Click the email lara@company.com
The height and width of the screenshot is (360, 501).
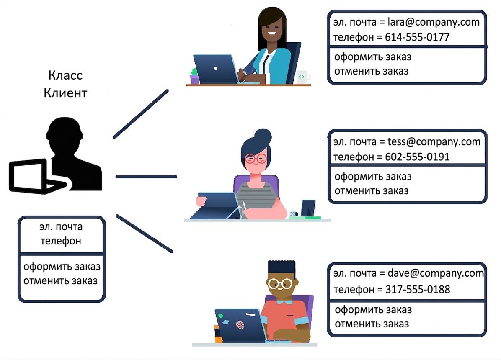tap(433, 22)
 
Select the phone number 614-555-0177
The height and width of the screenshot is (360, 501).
tap(417, 37)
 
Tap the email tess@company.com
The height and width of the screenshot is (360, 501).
tap(434, 141)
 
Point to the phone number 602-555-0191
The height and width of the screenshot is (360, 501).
tap(417, 157)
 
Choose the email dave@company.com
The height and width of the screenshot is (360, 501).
tap(436, 273)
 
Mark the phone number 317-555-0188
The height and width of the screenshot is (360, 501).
tap(418, 289)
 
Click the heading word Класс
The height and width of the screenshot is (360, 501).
tap(65, 75)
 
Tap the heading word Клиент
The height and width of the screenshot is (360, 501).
tap(65, 93)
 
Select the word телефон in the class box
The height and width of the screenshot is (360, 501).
tap(61, 241)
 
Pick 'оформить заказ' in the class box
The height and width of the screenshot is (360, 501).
tap(62, 267)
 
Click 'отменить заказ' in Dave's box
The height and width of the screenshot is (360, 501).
tap(372, 324)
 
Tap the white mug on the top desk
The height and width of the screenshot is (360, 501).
tap(303, 77)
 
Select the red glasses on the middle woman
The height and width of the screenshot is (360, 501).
tap(256, 158)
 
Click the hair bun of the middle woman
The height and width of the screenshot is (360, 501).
tap(263, 137)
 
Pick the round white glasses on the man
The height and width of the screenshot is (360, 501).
tap(280, 283)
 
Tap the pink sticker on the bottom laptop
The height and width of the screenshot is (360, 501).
tap(240, 325)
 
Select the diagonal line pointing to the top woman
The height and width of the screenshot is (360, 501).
tap(141, 114)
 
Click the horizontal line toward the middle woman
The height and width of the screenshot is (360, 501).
tap(146, 177)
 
